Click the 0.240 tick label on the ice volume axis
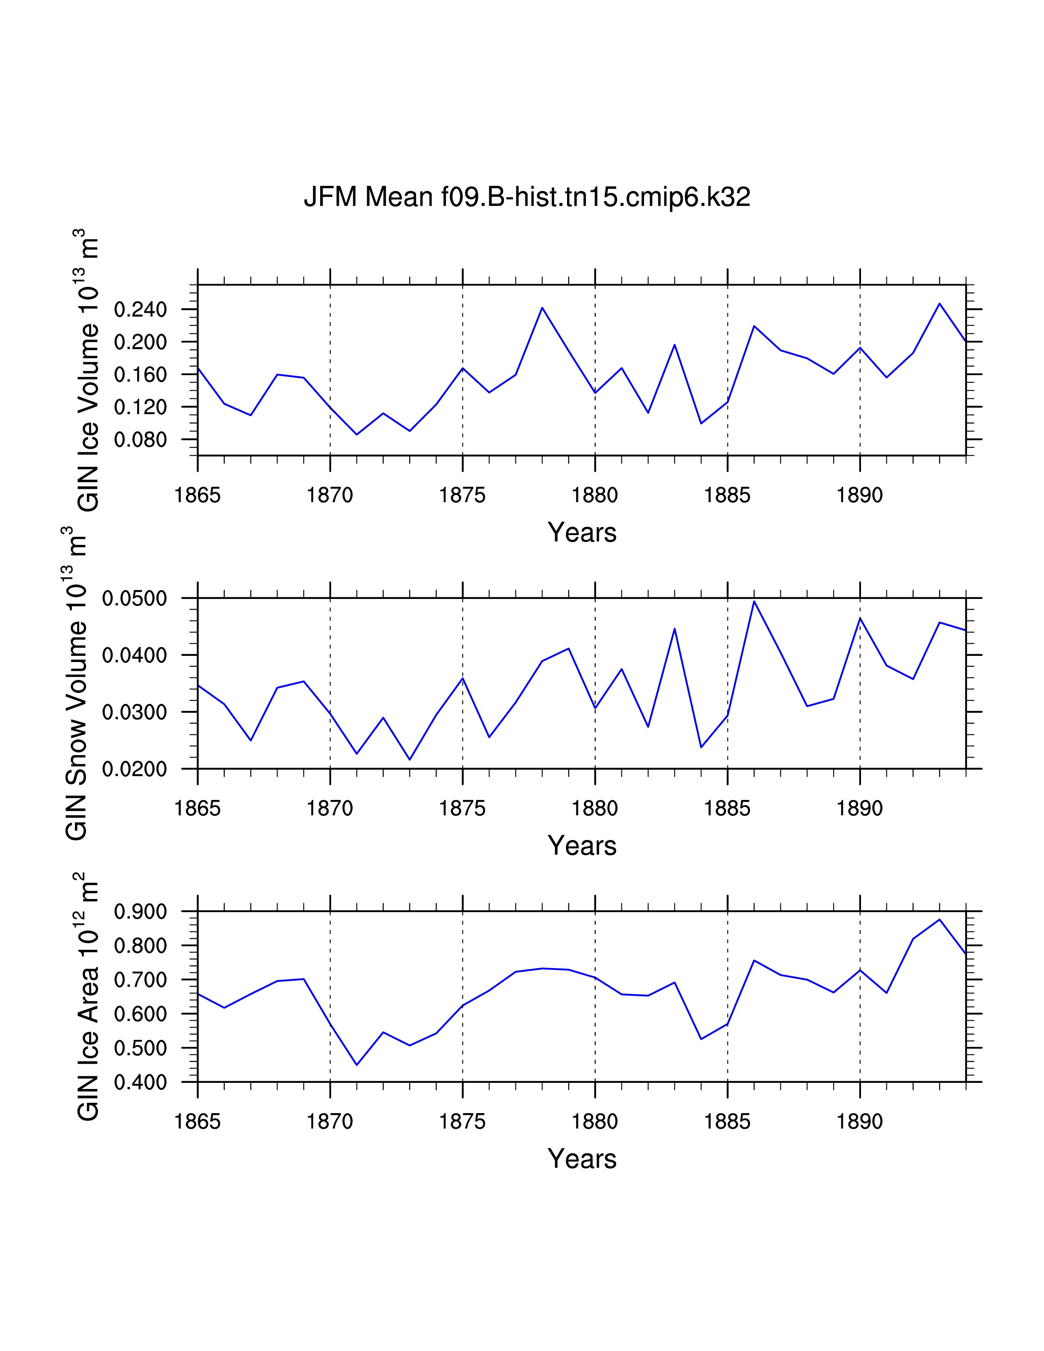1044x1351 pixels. tap(140, 309)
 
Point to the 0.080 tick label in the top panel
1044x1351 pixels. tap(140, 440)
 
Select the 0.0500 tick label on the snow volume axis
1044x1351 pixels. tap(135, 598)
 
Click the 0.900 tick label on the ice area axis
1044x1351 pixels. tap(140, 911)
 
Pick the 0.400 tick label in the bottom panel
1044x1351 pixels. tap(140, 1082)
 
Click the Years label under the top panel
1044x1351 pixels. tap(582, 533)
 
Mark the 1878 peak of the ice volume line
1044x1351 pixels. tap(542, 307)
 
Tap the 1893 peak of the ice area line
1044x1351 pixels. tap(940, 919)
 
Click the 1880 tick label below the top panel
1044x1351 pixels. tap(595, 495)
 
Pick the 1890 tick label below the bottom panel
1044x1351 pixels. tap(860, 1121)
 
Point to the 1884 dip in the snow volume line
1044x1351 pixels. tap(701, 747)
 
